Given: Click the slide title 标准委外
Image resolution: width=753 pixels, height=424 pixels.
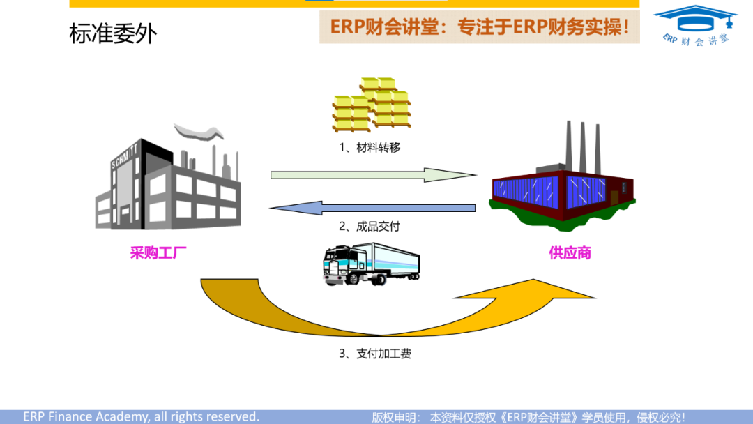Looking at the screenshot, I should (x=113, y=33).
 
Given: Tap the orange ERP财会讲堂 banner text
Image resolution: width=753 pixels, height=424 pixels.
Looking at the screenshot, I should (x=480, y=27).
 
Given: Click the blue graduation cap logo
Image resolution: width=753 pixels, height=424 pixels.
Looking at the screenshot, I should (x=695, y=17).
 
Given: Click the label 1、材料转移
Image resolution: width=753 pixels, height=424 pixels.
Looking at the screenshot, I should (x=370, y=148).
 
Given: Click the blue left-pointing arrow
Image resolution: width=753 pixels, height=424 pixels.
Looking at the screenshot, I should (x=373, y=207).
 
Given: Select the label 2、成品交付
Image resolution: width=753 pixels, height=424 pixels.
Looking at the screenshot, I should (x=370, y=227).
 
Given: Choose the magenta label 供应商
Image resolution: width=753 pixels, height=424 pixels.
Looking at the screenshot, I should (x=570, y=252).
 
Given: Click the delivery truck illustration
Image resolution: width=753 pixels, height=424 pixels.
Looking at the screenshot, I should (x=371, y=264).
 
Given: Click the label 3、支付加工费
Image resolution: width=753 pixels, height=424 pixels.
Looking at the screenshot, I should (x=375, y=354).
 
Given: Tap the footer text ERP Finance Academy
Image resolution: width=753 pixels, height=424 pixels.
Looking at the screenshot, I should (x=141, y=416).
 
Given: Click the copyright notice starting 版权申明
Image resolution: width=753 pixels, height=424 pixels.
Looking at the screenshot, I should (x=528, y=416).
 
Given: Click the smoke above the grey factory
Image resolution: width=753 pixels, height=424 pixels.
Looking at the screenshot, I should (x=199, y=131).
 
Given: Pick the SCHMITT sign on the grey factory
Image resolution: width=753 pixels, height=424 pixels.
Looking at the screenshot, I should (x=126, y=155).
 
